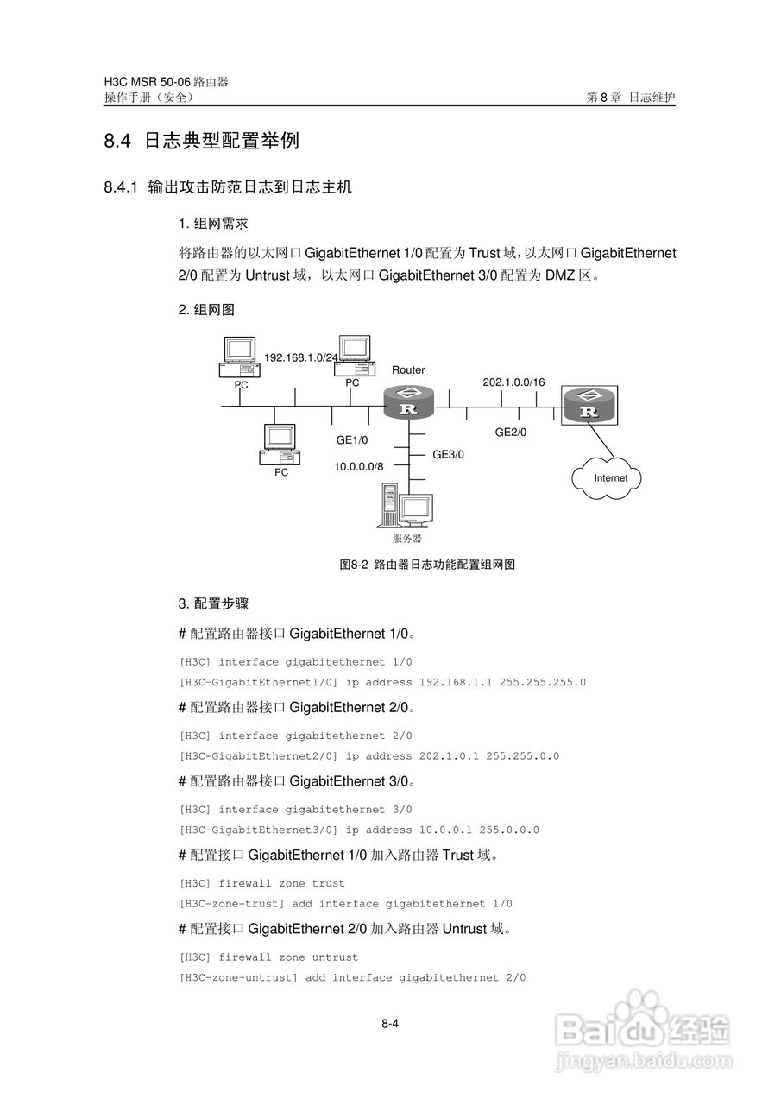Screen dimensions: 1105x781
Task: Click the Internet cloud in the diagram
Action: tap(610, 477)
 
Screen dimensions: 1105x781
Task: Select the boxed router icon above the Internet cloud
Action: tap(590, 405)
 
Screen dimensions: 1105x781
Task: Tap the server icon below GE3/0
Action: tap(405, 510)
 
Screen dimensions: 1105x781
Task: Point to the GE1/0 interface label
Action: tap(352, 440)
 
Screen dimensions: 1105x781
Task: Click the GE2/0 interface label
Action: tap(510, 433)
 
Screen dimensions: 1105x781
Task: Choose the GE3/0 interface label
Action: tap(448, 454)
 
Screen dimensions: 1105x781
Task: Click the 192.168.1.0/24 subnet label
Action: tap(301, 357)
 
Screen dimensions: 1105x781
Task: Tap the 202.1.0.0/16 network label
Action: tap(513, 382)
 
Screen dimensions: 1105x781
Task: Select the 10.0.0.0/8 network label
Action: tap(359, 466)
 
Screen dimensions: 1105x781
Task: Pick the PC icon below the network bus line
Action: tap(280, 445)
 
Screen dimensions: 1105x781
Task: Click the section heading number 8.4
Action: tap(117, 142)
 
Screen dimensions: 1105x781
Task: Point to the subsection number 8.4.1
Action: tap(121, 187)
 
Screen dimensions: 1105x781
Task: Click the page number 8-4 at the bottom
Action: tap(389, 1025)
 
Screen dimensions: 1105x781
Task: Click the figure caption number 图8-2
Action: tap(354, 565)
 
